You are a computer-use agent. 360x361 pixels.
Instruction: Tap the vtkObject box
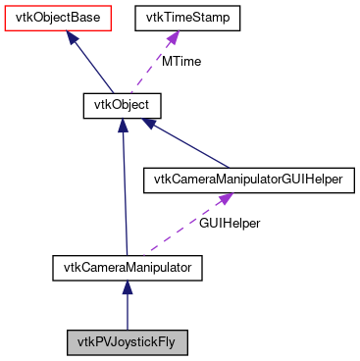tap(120, 102)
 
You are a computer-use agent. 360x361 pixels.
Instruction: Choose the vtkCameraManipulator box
tap(127, 266)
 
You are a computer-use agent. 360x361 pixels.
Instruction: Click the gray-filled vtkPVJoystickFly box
tap(127, 342)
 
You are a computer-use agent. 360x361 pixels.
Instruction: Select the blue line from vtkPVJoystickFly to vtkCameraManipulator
tap(127, 312)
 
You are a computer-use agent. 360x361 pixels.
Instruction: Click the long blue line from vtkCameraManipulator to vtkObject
tap(124, 186)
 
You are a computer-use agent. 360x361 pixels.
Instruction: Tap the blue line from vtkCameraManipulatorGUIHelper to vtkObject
tap(186, 143)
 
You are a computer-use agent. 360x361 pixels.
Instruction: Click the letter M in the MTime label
tap(167, 61)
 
